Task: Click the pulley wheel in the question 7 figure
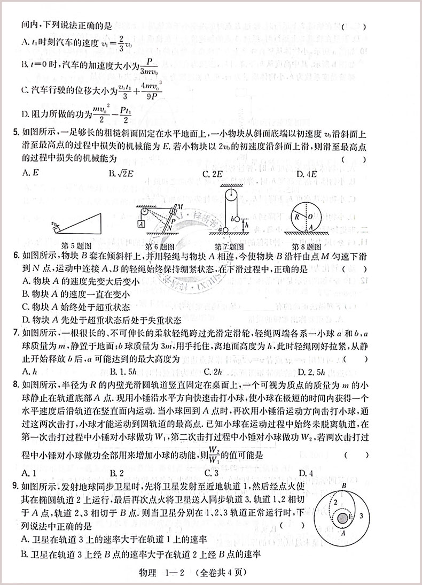pos(231,194)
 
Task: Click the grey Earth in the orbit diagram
pos(342,518)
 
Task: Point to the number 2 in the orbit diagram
pos(334,503)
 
